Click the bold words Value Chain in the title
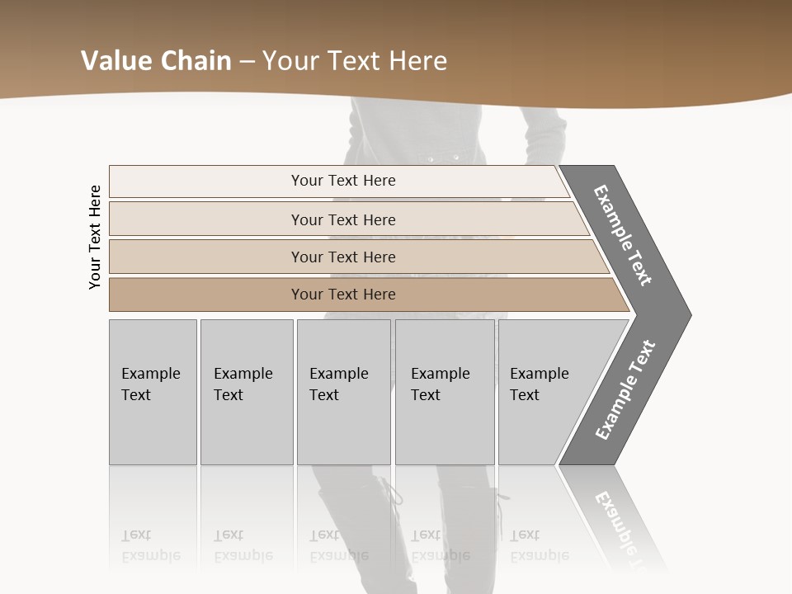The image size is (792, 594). click(x=156, y=61)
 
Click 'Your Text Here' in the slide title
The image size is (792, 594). click(x=355, y=61)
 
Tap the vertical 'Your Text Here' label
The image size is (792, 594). click(x=95, y=237)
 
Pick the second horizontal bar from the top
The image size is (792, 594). click(x=342, y=219)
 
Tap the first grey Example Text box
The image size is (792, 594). click(x=153, y=392)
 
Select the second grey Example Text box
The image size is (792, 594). click(x=246, y=392)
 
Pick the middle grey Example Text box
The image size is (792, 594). click(x=343, y=392)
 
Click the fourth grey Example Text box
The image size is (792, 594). click(x=445, y=392)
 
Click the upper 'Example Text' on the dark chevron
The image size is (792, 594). click(x=623, y=235)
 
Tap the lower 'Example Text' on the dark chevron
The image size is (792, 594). click(x=625, y=389)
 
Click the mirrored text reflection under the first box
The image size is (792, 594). click(x=150, y=546)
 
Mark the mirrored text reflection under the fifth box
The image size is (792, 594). click(x=539, y=546)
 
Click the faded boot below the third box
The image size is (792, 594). click(x=359, y=528)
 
